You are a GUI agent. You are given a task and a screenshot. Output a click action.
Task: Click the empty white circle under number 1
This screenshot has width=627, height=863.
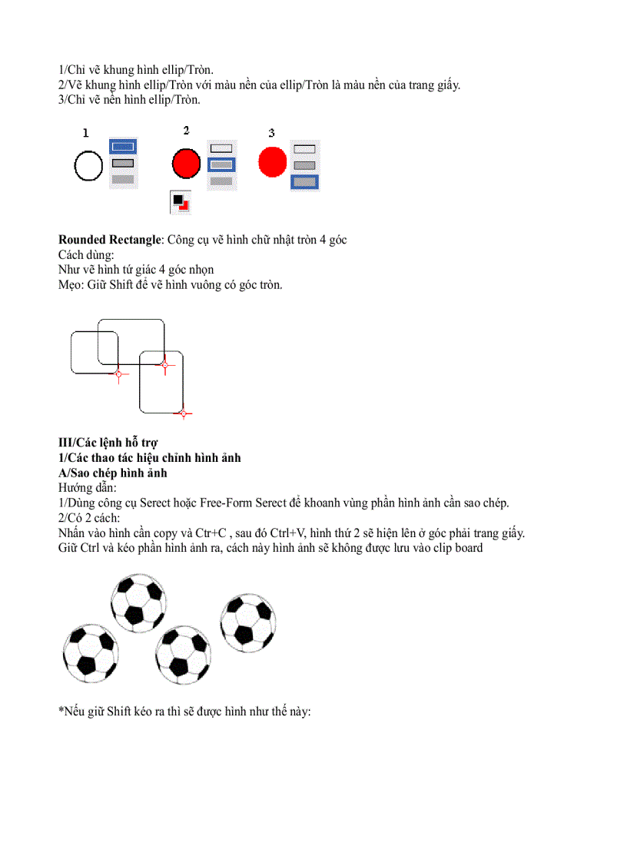[x=88, y=165]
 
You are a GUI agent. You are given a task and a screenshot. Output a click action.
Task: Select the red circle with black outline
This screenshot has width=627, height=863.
[x=186, y=163]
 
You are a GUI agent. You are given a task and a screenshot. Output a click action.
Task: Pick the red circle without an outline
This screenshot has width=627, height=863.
[x=272, y=162]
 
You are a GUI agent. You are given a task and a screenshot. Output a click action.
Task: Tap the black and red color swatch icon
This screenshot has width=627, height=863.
[x=181, y=202]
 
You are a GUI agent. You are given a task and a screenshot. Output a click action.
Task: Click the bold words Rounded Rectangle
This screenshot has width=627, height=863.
[x=109, y=240]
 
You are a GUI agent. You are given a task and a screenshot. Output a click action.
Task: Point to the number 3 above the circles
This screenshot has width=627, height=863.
[x=271, y=134]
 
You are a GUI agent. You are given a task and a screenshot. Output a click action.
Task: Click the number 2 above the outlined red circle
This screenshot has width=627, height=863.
[x=186, y=131]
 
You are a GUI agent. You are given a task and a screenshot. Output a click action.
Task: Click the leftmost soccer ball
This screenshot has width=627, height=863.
[x=90, y=652]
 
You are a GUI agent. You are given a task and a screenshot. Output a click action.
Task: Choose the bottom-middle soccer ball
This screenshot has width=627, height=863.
[x=183, y=654]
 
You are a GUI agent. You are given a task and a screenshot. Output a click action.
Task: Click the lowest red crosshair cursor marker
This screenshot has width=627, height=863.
[x=183, y=413]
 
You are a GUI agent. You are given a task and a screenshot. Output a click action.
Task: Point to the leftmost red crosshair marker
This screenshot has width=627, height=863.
[x=118, y=374]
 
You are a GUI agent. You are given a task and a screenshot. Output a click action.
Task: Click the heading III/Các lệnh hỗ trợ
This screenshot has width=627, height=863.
[x=108, y=443]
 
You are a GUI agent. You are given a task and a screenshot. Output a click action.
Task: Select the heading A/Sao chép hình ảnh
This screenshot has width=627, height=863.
[x=112, y=473]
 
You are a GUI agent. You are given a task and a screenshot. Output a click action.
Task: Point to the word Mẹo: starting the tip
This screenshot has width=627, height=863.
[x=71, y=284]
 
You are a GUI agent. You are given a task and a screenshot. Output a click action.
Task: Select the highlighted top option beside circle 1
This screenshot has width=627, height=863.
[x=122, y=146]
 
